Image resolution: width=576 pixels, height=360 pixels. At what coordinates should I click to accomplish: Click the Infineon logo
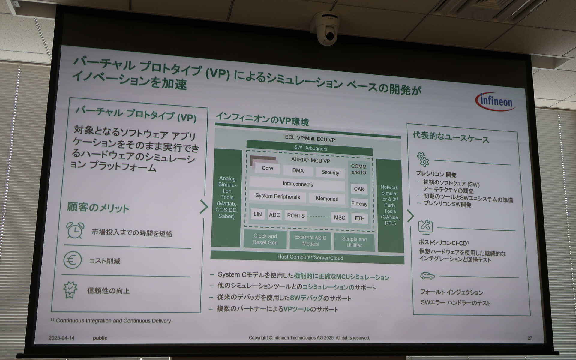point(495,101)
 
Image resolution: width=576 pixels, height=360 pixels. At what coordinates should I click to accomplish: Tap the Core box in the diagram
point(267,168)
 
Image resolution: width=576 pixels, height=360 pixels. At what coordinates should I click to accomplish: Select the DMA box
point(298,171)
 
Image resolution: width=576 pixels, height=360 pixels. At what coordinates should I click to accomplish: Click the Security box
point(330,172)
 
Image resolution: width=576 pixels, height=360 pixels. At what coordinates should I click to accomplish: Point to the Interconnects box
point(297,184)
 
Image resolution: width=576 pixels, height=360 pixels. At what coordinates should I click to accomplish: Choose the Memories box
point(327,199)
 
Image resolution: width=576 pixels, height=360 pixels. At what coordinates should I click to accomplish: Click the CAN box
point(359,189)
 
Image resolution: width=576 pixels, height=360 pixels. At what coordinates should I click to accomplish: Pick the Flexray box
point(359,204)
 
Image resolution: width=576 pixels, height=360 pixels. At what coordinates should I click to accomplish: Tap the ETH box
point(359,218)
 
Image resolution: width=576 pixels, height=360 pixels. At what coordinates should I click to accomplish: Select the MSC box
point(339,217)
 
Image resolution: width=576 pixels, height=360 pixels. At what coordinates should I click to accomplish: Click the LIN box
point(257,214)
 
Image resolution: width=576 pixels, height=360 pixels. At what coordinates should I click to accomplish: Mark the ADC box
point(274,215)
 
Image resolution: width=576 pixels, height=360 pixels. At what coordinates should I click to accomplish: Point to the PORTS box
point(296,216)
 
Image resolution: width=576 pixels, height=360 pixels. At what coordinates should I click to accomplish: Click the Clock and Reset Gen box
point(265,239)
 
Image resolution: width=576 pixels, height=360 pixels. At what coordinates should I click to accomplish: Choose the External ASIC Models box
point(310,241)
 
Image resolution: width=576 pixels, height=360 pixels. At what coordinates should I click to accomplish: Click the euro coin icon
point(72,260)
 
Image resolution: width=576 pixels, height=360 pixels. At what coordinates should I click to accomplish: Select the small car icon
point(427,276)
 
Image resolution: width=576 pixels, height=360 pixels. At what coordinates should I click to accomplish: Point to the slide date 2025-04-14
point(61,338)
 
